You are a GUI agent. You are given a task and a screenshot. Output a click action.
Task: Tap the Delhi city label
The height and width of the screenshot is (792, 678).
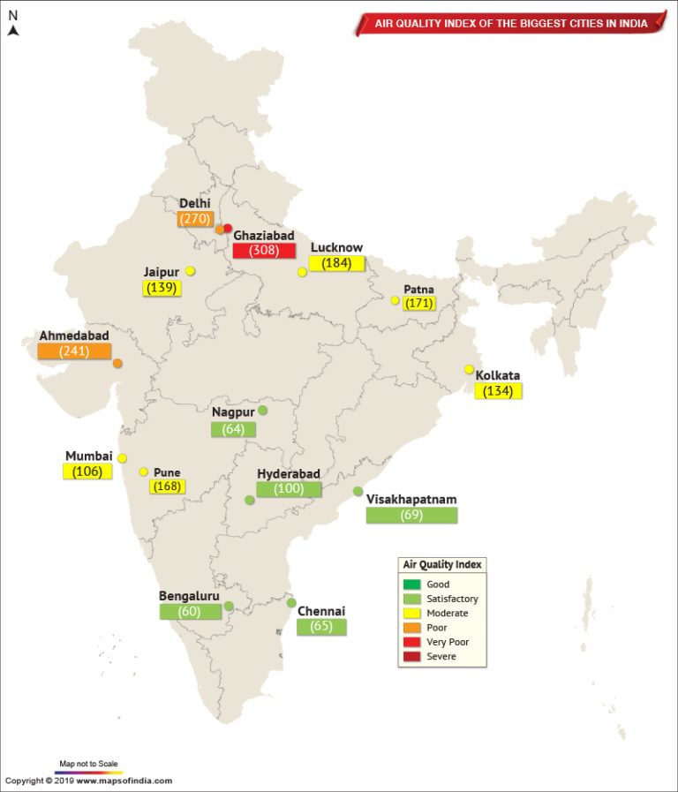click(194, 203)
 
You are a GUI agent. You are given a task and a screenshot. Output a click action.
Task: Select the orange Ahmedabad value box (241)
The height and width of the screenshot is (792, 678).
click(74, 351)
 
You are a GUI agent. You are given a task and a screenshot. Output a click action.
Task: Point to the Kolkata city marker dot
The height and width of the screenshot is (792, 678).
click(469, 369)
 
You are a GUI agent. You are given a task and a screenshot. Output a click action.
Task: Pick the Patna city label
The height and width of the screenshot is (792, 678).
click(418, 289)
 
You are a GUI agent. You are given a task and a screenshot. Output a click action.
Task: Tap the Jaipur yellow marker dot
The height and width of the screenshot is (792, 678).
click(190, 271)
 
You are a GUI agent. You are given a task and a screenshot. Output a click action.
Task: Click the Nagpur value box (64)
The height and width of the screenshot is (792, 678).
click(233, 429)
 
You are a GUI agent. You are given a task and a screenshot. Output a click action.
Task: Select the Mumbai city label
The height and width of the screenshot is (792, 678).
click(88, 456)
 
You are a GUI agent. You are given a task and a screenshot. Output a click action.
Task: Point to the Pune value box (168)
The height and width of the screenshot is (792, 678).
click(167, 487)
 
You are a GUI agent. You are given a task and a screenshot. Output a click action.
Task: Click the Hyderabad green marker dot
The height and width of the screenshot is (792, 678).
click(250, 500)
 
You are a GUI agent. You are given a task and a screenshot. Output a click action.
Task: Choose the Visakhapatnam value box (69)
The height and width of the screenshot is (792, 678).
click(411, 515)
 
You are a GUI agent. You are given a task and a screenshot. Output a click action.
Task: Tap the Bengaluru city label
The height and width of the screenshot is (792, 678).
click(188, 595)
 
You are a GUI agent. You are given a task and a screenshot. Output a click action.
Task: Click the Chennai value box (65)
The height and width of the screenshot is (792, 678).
click(321, 627)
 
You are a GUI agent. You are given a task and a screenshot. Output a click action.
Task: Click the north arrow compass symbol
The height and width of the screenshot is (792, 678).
click(13, 29)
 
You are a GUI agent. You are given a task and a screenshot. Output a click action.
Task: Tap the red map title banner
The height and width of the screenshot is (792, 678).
click(509, 22)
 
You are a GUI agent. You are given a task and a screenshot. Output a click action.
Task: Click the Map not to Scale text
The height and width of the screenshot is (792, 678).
click(88, 762)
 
